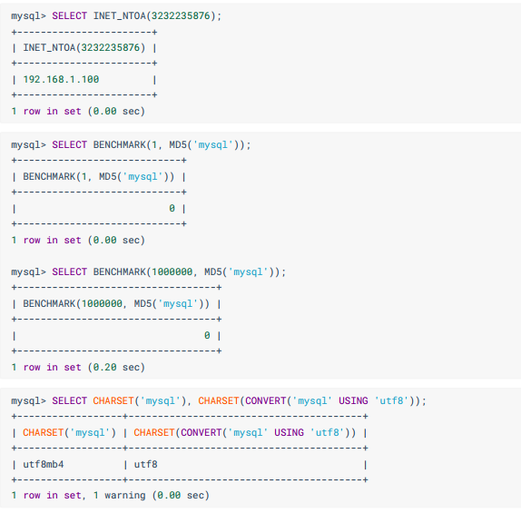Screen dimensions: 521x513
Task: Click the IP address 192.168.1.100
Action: pos(61,80)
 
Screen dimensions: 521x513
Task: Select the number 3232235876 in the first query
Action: pos(181,15)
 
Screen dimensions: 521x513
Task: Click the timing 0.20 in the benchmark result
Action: pos(104,367)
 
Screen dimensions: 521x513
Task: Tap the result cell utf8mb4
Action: pos(44,464)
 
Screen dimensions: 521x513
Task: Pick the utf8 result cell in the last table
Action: pos(145,464)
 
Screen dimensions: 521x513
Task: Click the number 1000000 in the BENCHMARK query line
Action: pos(172,271)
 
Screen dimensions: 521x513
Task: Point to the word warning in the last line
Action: pos(125,495)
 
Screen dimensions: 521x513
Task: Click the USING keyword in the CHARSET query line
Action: pos(353,400)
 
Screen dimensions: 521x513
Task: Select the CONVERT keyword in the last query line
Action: pos(265,400)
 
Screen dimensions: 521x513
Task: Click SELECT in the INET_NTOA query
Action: pos(70,15)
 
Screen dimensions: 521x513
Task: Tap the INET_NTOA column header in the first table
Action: pos(84,47)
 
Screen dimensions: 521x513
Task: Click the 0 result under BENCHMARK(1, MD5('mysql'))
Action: pos(172,208)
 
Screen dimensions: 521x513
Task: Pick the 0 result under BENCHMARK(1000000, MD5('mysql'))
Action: pos(207,335)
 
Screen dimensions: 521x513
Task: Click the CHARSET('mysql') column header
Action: pos(70,432)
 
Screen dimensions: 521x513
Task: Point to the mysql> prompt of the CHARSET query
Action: pos(28,401)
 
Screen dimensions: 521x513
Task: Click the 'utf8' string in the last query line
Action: pos(391,400)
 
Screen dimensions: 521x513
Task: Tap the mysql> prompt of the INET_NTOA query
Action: pos(28,16)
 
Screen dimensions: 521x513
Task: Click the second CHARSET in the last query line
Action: pos(219,400)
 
